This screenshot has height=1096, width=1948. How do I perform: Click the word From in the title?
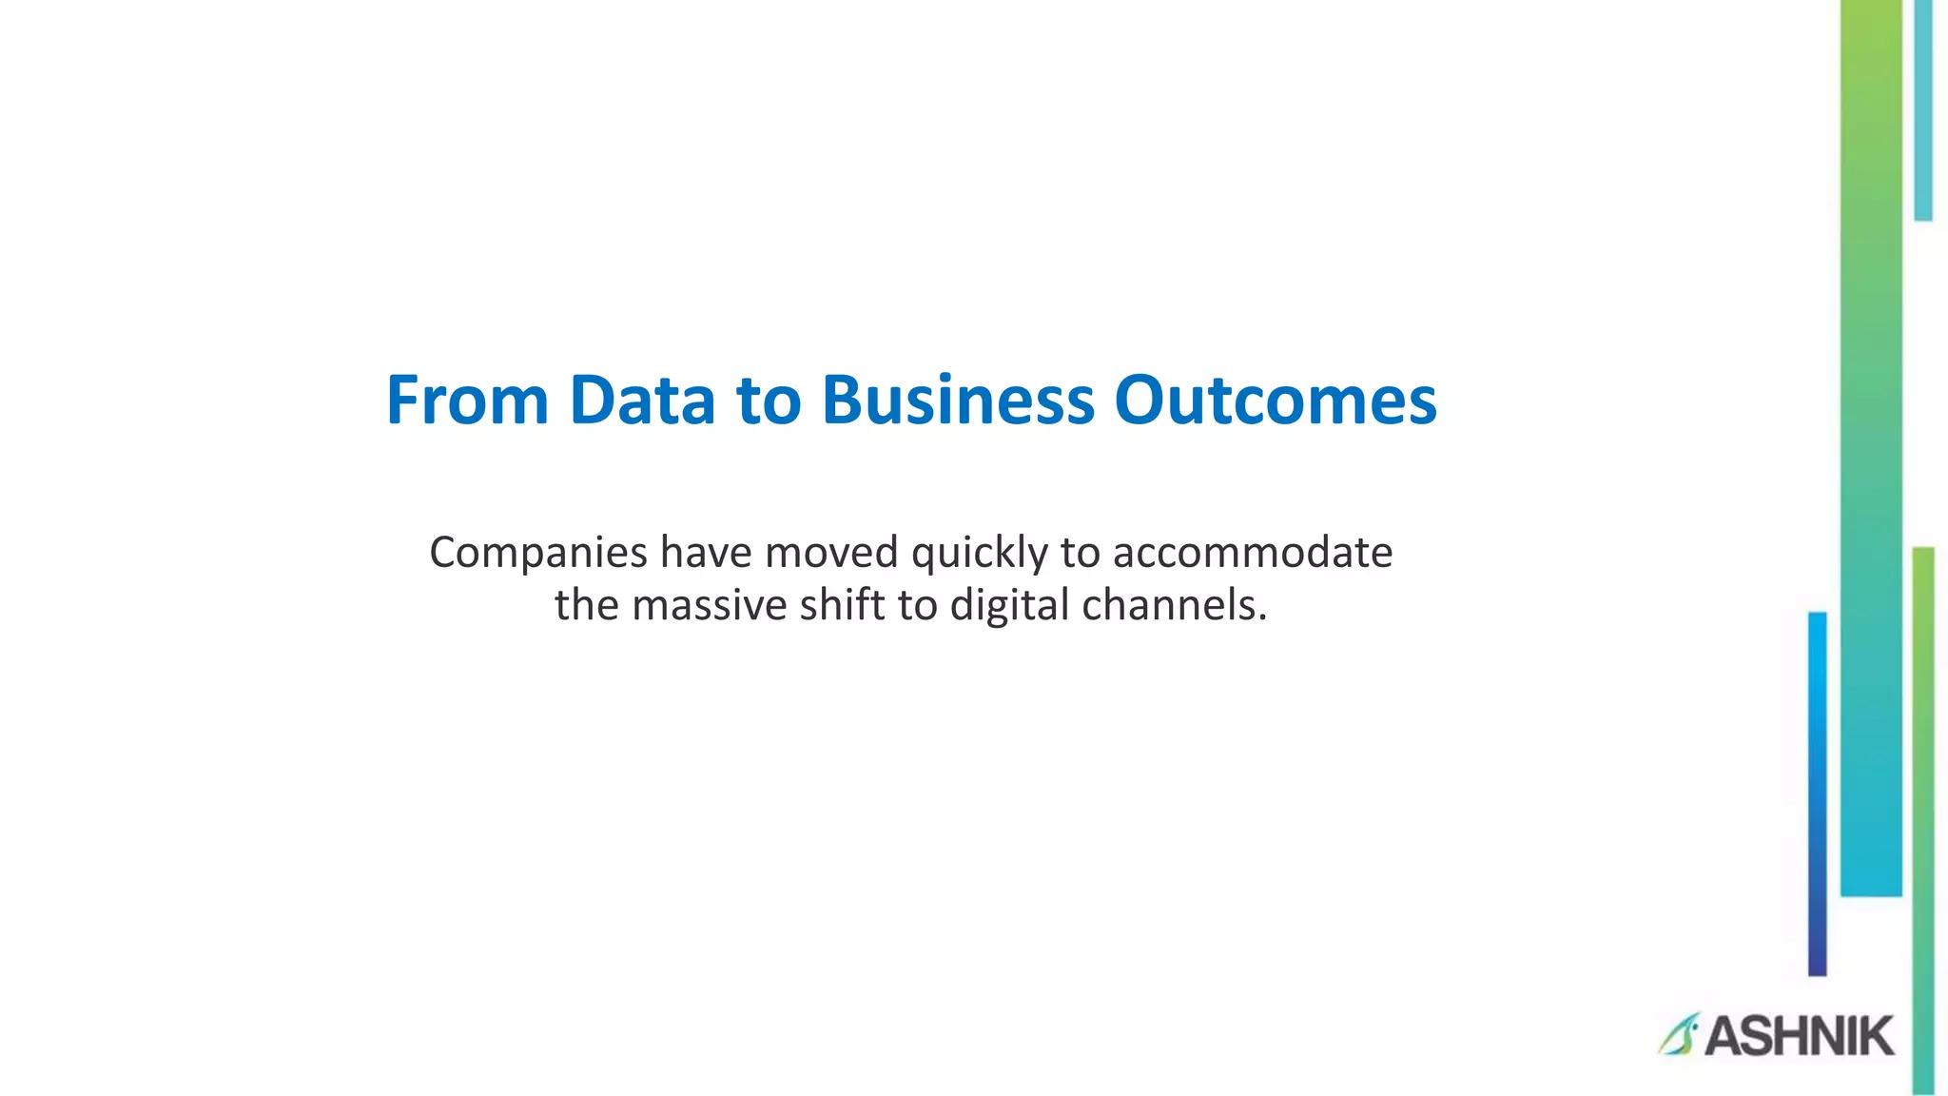[467, 400]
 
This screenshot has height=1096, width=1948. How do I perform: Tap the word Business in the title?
[958, 400]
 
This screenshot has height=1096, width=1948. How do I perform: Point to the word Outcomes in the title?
[1275, 400]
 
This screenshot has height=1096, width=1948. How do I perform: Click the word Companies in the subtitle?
[538, 554]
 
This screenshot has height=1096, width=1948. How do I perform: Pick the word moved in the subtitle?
[831, 552]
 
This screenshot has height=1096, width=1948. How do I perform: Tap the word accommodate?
[1253, 552]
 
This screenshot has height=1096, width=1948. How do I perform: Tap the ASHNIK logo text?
[1799, 1036]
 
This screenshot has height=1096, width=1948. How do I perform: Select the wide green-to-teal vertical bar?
[1870, 447]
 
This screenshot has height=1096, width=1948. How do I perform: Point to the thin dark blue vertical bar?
[1817, 793]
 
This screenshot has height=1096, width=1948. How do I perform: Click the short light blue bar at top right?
[1922, 109]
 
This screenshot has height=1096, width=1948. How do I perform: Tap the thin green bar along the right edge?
[1923, 818]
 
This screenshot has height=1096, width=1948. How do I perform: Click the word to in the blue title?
[768, 400]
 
